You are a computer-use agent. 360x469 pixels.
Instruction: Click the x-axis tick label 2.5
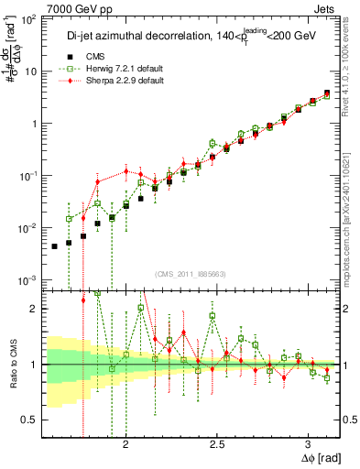[x=218, y=442]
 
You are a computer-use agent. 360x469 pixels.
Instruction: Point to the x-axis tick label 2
[x=126, y=442]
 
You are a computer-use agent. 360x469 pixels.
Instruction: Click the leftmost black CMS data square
[x=54, y=246]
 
